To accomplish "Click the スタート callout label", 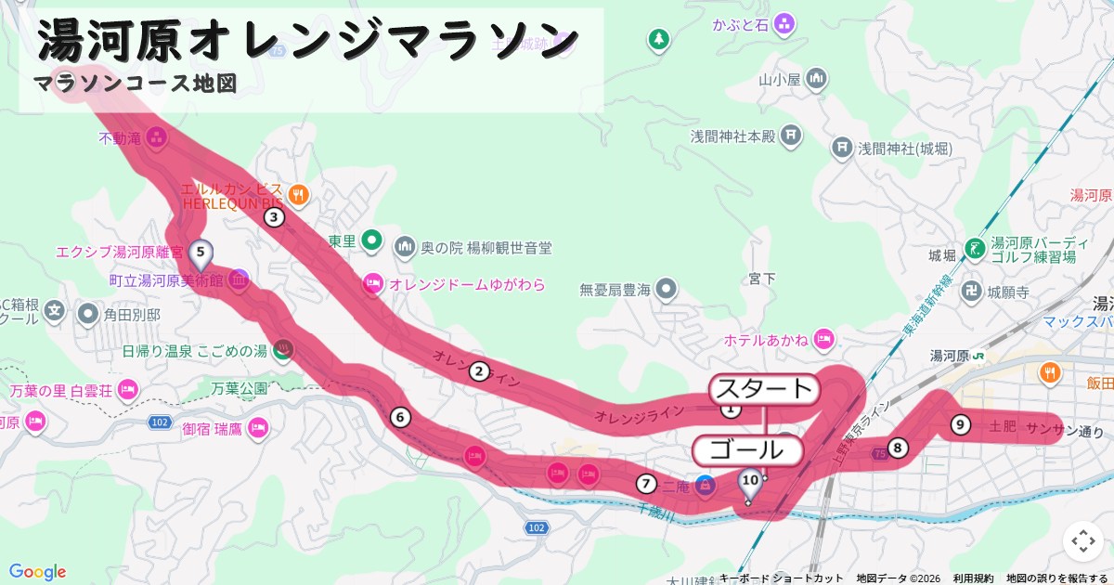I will (765, 389).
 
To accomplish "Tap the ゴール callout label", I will (747, 451).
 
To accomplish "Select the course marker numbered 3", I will (274, 218).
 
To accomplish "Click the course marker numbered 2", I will (479, 371).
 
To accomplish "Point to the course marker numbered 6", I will (400, 417).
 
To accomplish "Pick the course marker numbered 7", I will (646, 483).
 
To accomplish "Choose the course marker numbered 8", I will (898, 448).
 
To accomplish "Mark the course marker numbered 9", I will (961, 425).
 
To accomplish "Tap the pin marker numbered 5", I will (201, 252).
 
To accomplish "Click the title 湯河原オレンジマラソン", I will (309, 39).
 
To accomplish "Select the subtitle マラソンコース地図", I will (136, 84).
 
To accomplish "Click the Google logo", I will (37, 572).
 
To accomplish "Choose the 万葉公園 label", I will (240, 388).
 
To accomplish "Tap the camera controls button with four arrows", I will (1083, 541).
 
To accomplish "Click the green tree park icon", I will (658, 39).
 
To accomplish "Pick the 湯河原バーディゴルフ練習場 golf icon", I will (974, 248).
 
